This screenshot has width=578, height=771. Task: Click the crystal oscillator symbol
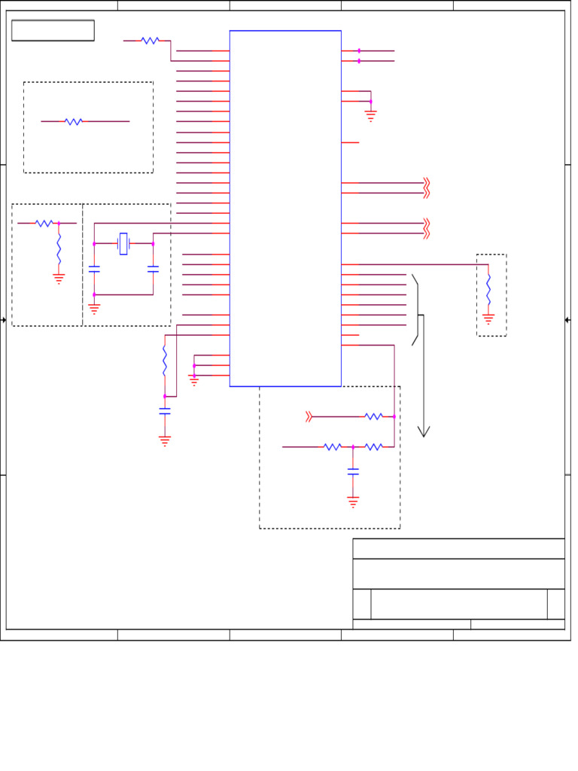(123, 244)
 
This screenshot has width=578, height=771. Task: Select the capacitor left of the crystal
(94, 268)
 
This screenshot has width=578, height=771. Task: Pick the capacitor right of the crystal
(153, 268)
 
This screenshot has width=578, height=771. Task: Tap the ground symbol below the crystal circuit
(94, 308)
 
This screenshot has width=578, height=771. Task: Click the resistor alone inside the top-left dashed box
(73, 121)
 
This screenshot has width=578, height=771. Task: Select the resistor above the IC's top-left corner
(150, 41)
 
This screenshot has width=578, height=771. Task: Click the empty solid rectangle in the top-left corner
(53, 30)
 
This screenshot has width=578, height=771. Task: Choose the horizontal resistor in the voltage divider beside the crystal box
(44, 224)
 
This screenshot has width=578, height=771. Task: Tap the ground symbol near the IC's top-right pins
(370, 116)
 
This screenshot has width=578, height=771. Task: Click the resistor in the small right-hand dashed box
(488, 290)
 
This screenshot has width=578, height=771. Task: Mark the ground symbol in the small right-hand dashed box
(488, 319)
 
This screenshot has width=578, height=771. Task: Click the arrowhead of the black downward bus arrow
(424, 431)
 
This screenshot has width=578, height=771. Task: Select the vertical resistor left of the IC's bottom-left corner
(165, 361)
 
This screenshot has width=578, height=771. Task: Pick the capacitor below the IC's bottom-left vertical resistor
(165, 411)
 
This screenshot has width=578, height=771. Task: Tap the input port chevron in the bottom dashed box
(309, 416)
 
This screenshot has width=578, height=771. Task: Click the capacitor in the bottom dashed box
(353, 471)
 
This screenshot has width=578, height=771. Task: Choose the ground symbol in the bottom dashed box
(353, 501)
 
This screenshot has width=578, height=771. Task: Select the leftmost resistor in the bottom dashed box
(333, 447)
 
